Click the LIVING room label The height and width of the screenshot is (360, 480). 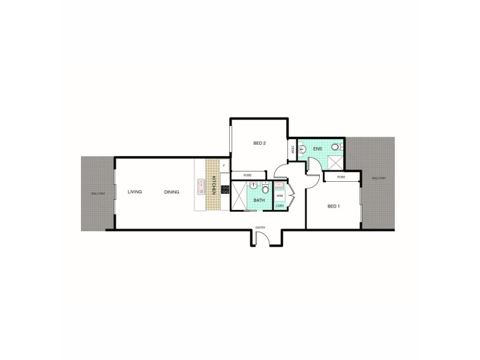(134, 192)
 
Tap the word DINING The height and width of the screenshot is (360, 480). (172, 192)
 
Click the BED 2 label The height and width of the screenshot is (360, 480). (259, 143)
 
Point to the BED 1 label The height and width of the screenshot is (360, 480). (334, 206)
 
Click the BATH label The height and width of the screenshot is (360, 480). (259, 200)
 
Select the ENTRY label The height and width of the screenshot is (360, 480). (260, 227)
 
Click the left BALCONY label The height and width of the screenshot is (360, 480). (98, 194)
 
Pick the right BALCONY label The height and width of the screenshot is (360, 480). (379, 178)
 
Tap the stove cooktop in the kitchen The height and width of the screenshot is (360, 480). (225, 190)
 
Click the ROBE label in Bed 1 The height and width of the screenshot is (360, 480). (341, 177)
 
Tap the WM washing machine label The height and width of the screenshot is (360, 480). (280, 196)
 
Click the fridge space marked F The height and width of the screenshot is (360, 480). (224, 164)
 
